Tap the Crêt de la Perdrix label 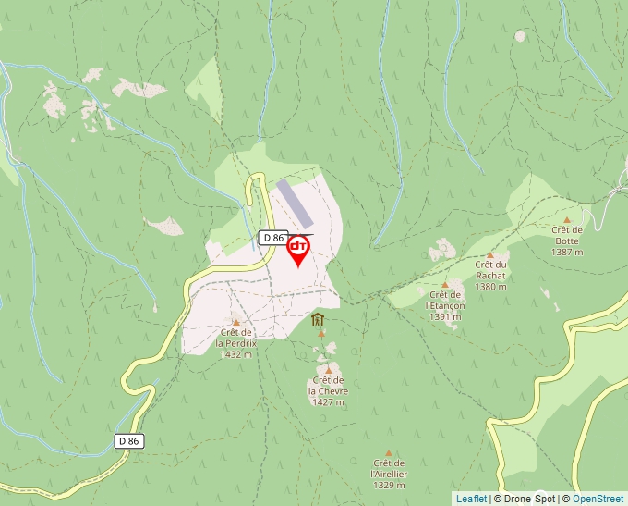click(236, 343)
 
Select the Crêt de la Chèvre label click(328, 391)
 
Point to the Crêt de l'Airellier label click(389, 474)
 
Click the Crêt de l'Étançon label click(444, 305)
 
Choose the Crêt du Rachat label click(490, 275)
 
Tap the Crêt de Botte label click(566, 241)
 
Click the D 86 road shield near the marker click(272, 238)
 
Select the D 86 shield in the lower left click(129, 441)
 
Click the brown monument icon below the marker click(318, 320)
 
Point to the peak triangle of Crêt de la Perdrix click(235, 323)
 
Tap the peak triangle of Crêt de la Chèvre click(328, 370)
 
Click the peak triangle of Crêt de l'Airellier click(389, 453)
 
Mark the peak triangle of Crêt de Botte click(566, 220)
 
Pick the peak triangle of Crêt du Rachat click(490, 255)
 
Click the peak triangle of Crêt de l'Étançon click(445, 285)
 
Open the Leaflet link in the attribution click(471, 499)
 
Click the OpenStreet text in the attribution click(598, 499)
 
